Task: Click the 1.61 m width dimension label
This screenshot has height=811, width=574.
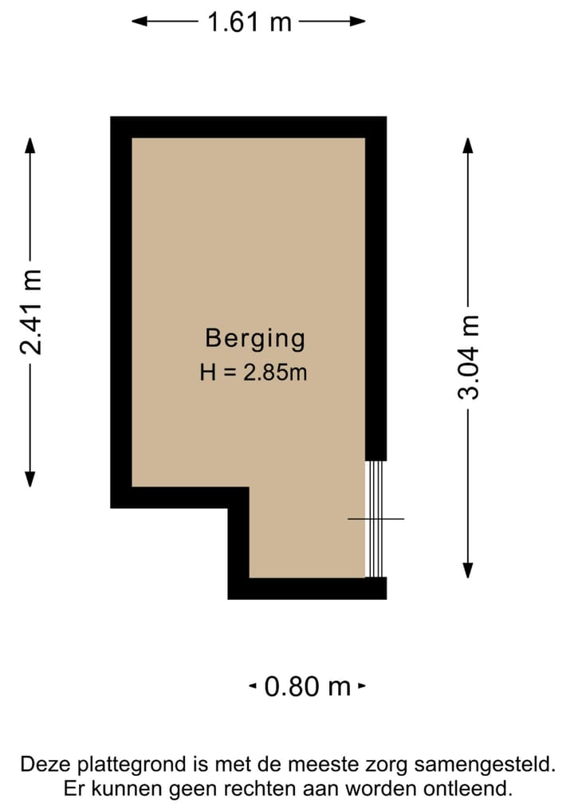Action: pyautogui.click(x=249, y=22)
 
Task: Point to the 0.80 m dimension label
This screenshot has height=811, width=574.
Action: pyautogui.click(x=307, y=686)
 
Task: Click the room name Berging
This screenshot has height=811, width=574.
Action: pyautogui.click(x=255, y=338)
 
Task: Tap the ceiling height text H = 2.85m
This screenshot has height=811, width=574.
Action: pyautogui.click(x=254, y=372)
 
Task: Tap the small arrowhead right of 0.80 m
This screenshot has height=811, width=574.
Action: pyautogui.click(x=362, y=686)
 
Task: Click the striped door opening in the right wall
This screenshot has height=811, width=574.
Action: pyautogui.click(x=375, y=518)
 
